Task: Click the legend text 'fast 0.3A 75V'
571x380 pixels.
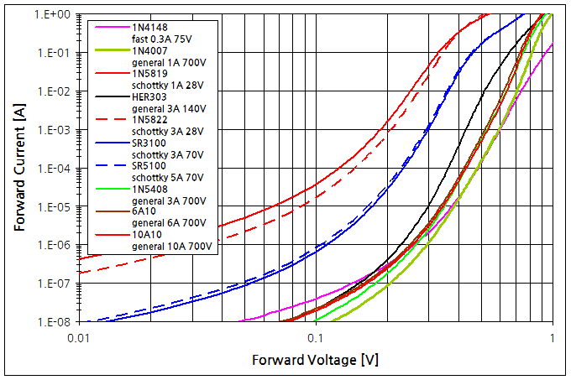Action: (160, 39)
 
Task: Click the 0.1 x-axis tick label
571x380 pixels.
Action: (315, 338)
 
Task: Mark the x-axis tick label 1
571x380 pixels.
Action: (552, 338)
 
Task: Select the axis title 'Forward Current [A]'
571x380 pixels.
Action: (19, 168)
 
